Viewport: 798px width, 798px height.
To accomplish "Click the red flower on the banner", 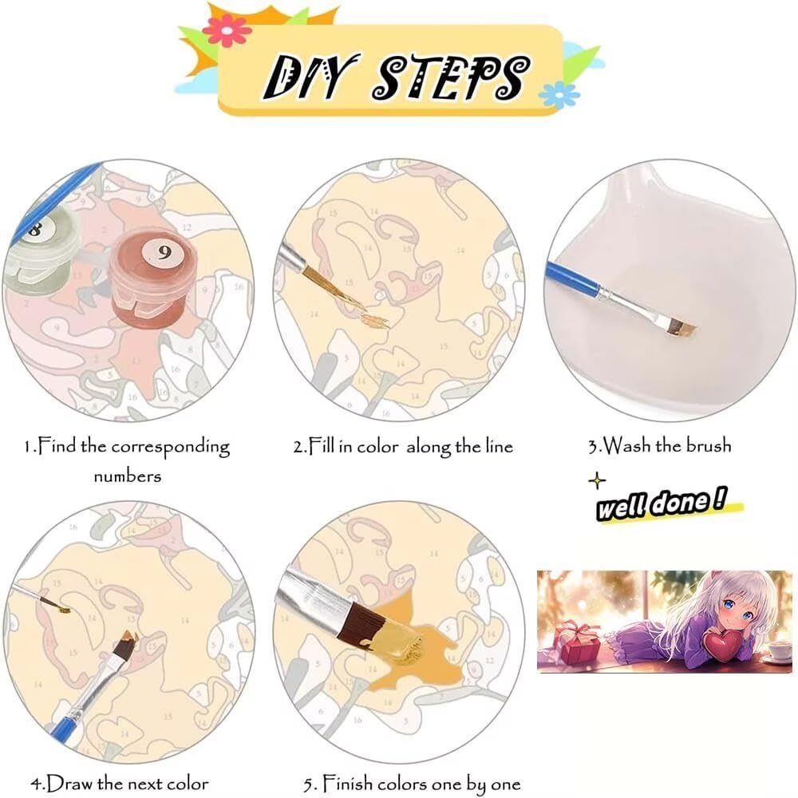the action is [227, 30].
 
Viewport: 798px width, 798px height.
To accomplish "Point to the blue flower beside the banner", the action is [559, 95].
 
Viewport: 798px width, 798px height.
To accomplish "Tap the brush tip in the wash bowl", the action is [681, 328].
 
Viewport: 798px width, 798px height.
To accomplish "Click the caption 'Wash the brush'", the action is [660, 445].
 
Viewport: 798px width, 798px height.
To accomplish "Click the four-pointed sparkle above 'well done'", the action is [597, 480].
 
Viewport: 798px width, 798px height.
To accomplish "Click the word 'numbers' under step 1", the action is [127, 476].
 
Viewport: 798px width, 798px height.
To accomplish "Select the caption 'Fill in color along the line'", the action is [403, 446].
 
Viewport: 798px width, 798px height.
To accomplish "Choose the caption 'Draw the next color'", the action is [120, 784].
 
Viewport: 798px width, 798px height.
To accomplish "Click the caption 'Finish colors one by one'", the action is [413, 784].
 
